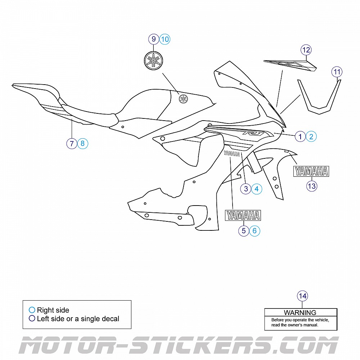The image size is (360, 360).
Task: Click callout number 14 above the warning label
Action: [302, 296]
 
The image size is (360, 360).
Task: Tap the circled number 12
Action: [306, 49]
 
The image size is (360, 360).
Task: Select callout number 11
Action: [337, 72]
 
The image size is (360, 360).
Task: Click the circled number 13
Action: [312, 186]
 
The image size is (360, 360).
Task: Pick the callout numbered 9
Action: [154, 39]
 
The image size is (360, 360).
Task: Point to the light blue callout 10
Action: [165, 39]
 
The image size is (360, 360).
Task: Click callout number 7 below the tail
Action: [72, 144]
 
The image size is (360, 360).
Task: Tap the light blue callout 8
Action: [82, 144]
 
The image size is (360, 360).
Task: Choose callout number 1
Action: [300, 136]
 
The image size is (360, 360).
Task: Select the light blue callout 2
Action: [311, 136]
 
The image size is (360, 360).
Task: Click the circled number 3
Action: [246, 189]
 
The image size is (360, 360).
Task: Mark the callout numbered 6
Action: [255, 231]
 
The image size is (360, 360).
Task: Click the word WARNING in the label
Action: [300, 313]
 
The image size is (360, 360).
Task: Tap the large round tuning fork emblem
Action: [154, 60]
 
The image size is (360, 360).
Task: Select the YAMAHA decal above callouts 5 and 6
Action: [243, 215]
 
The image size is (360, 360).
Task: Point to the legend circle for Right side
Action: [32, 310]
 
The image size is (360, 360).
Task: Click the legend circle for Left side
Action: [32, 318]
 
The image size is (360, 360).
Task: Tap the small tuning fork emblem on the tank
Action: [183, 98]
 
